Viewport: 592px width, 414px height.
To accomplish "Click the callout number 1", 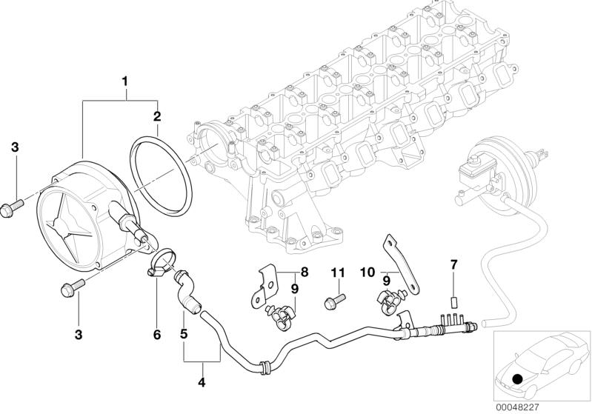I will pos(125,80).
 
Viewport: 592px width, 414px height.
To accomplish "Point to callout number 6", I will pos(156,335).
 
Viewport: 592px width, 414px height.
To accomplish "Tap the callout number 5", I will pos(183,335).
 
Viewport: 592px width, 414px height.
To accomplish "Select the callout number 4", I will pos(201,383).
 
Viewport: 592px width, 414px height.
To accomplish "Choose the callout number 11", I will pos(338,273).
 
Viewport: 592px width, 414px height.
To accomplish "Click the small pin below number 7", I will pos(454,301).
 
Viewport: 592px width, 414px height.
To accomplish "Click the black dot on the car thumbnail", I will pos(517,380).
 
